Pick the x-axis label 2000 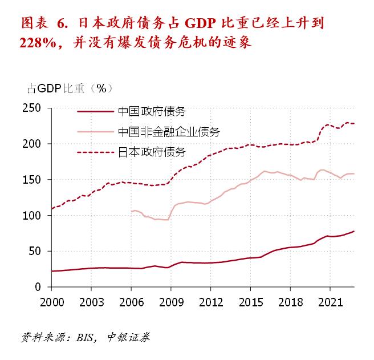pyautogui.click(x=52, y=300)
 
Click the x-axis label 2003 pyautogui.click(x=91, y=300)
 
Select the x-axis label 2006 pyautogui.click(x=131, y=300)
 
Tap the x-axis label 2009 pyautogui.click(x=171, y=300)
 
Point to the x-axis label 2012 pyautogui.click(x=211, y=300)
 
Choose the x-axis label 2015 pyautogui.click(x=251, y=300)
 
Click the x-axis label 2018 pyautogui.click(x=291, y=300)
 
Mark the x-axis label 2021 pyautogui.click(x=331, y=300)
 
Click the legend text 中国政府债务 pyautogui.click(x=152, y=112)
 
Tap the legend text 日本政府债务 pyautogui.click(x=152, y=152)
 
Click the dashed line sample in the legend pyautogui.click(x=95, y=152)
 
